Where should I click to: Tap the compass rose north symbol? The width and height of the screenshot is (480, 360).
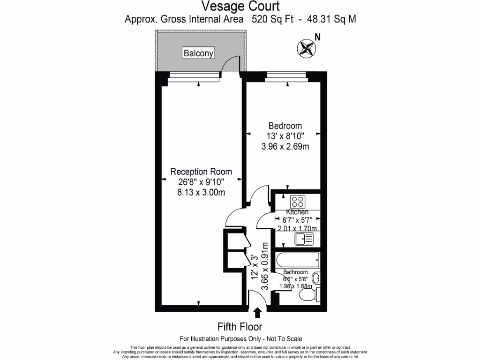(x=306, y=48)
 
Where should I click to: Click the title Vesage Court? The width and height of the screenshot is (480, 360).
(x=240, y=6)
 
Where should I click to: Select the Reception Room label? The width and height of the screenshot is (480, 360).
(x=201, y=172)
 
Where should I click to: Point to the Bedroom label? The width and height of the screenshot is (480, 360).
(x=285, y=126)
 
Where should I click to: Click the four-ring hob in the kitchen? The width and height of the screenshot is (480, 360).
(x=297, y=202)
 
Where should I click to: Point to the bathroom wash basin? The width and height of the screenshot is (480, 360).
(x=316, y=277)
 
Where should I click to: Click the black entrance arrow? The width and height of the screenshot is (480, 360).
(x=257, y=313)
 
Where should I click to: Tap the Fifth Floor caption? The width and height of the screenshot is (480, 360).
(x=240, y=327)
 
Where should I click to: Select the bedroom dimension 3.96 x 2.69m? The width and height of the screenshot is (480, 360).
(x=285, y=147)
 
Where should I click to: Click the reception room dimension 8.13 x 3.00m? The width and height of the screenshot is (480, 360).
(x=201, y=192)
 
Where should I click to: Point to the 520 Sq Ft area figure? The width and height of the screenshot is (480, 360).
(x=272, y=19)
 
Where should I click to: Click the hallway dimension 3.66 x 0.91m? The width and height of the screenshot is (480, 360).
(x=264, y=266)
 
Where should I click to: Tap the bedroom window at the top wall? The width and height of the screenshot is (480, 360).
(x=286, y=74)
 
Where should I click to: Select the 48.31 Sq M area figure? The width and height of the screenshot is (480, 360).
(x=333, y=19)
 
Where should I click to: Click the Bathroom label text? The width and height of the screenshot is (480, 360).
(x=295, y=272)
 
